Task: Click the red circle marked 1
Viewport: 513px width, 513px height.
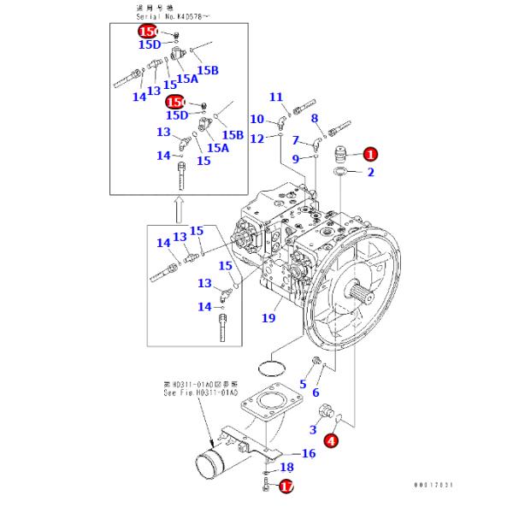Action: [369, 155]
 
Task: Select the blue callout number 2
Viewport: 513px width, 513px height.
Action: [371, 173]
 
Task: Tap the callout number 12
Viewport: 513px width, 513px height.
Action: [256, 139]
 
